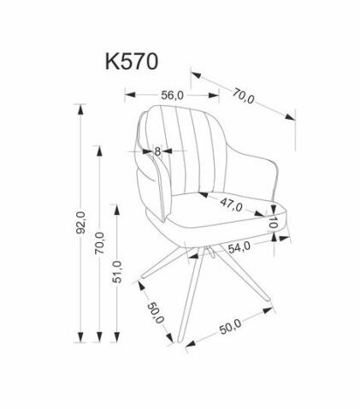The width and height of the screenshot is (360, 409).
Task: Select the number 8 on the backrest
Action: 157,151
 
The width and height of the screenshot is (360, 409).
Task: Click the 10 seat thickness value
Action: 273,222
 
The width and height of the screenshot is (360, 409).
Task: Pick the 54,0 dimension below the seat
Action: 237,246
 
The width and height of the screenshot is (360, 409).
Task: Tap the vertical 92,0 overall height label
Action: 80,222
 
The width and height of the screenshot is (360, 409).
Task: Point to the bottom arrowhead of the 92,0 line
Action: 82,338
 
